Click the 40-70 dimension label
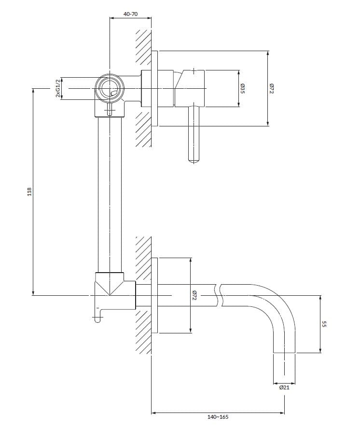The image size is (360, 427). click(x=130, y=14)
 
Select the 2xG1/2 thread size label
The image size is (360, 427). click(x=58, y=89)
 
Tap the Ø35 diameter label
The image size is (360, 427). click(x=243, y=89)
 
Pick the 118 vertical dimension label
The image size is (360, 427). click(x=29, y=192)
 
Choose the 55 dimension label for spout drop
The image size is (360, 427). click(x=325, y=325)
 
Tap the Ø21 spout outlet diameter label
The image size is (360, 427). click(x=284, y=386)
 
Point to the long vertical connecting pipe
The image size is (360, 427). click(x=110, y=193)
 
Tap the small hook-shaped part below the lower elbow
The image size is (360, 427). click(x=98, y=316)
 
